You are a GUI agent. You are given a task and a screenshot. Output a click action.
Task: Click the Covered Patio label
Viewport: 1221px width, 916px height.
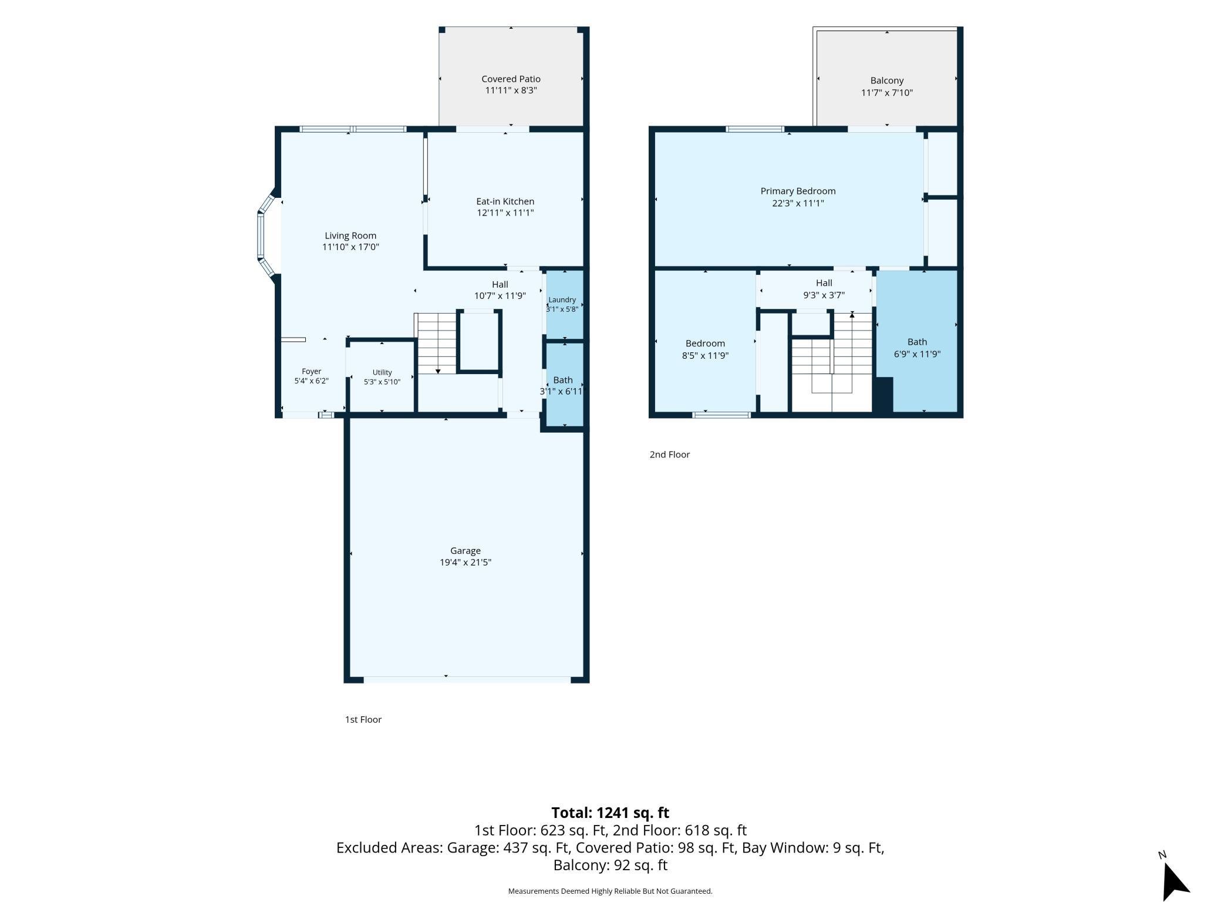(x=511, y=79)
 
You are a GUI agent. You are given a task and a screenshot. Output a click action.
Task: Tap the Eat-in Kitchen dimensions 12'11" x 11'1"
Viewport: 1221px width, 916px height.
(x=505, y=213)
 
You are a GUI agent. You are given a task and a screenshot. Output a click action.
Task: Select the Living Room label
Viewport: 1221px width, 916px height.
(x=350, y=235)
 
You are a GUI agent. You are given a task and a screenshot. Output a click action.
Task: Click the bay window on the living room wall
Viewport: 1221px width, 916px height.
(x=267, y=236)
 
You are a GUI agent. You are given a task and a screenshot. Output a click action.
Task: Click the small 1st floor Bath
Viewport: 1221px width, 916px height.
(x=564, y=385)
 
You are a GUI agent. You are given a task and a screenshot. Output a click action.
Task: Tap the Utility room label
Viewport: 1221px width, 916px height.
(x=382, y=372)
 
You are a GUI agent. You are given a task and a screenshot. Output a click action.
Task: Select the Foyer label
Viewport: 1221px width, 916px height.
(x=311, y=371)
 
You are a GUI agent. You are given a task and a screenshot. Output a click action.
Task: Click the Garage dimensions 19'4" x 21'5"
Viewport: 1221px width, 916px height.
(x=466, y=562)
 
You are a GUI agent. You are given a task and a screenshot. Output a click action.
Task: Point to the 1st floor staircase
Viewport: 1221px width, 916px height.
(x=436, y=343)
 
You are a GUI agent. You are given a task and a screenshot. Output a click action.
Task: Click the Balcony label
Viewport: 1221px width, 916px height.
(x=886, y=80)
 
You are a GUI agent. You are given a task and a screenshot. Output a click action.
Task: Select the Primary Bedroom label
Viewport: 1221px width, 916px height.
(x=798, y=191)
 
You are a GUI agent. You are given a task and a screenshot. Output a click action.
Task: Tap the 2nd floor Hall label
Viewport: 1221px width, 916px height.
(x=824, y=283)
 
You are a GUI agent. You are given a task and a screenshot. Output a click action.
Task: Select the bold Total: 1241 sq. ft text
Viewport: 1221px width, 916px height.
(x=610, y=813)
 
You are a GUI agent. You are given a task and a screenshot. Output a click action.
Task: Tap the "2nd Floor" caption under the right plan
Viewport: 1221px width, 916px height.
(x=669, y=454)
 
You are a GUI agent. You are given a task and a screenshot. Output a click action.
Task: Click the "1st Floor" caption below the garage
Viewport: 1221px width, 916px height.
(x=363, y=719)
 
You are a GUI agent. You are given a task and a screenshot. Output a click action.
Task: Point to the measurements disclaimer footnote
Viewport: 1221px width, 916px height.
(x=610, y=891)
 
